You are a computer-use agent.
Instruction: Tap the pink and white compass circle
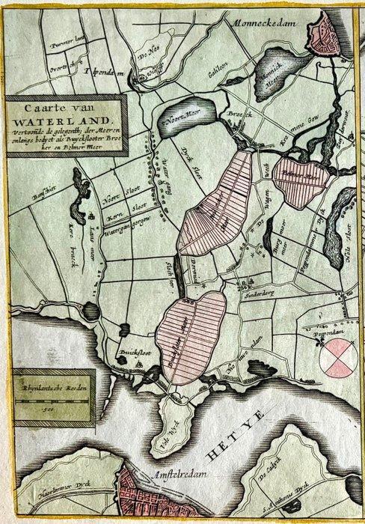pyautogui.click(x=337, y=356)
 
